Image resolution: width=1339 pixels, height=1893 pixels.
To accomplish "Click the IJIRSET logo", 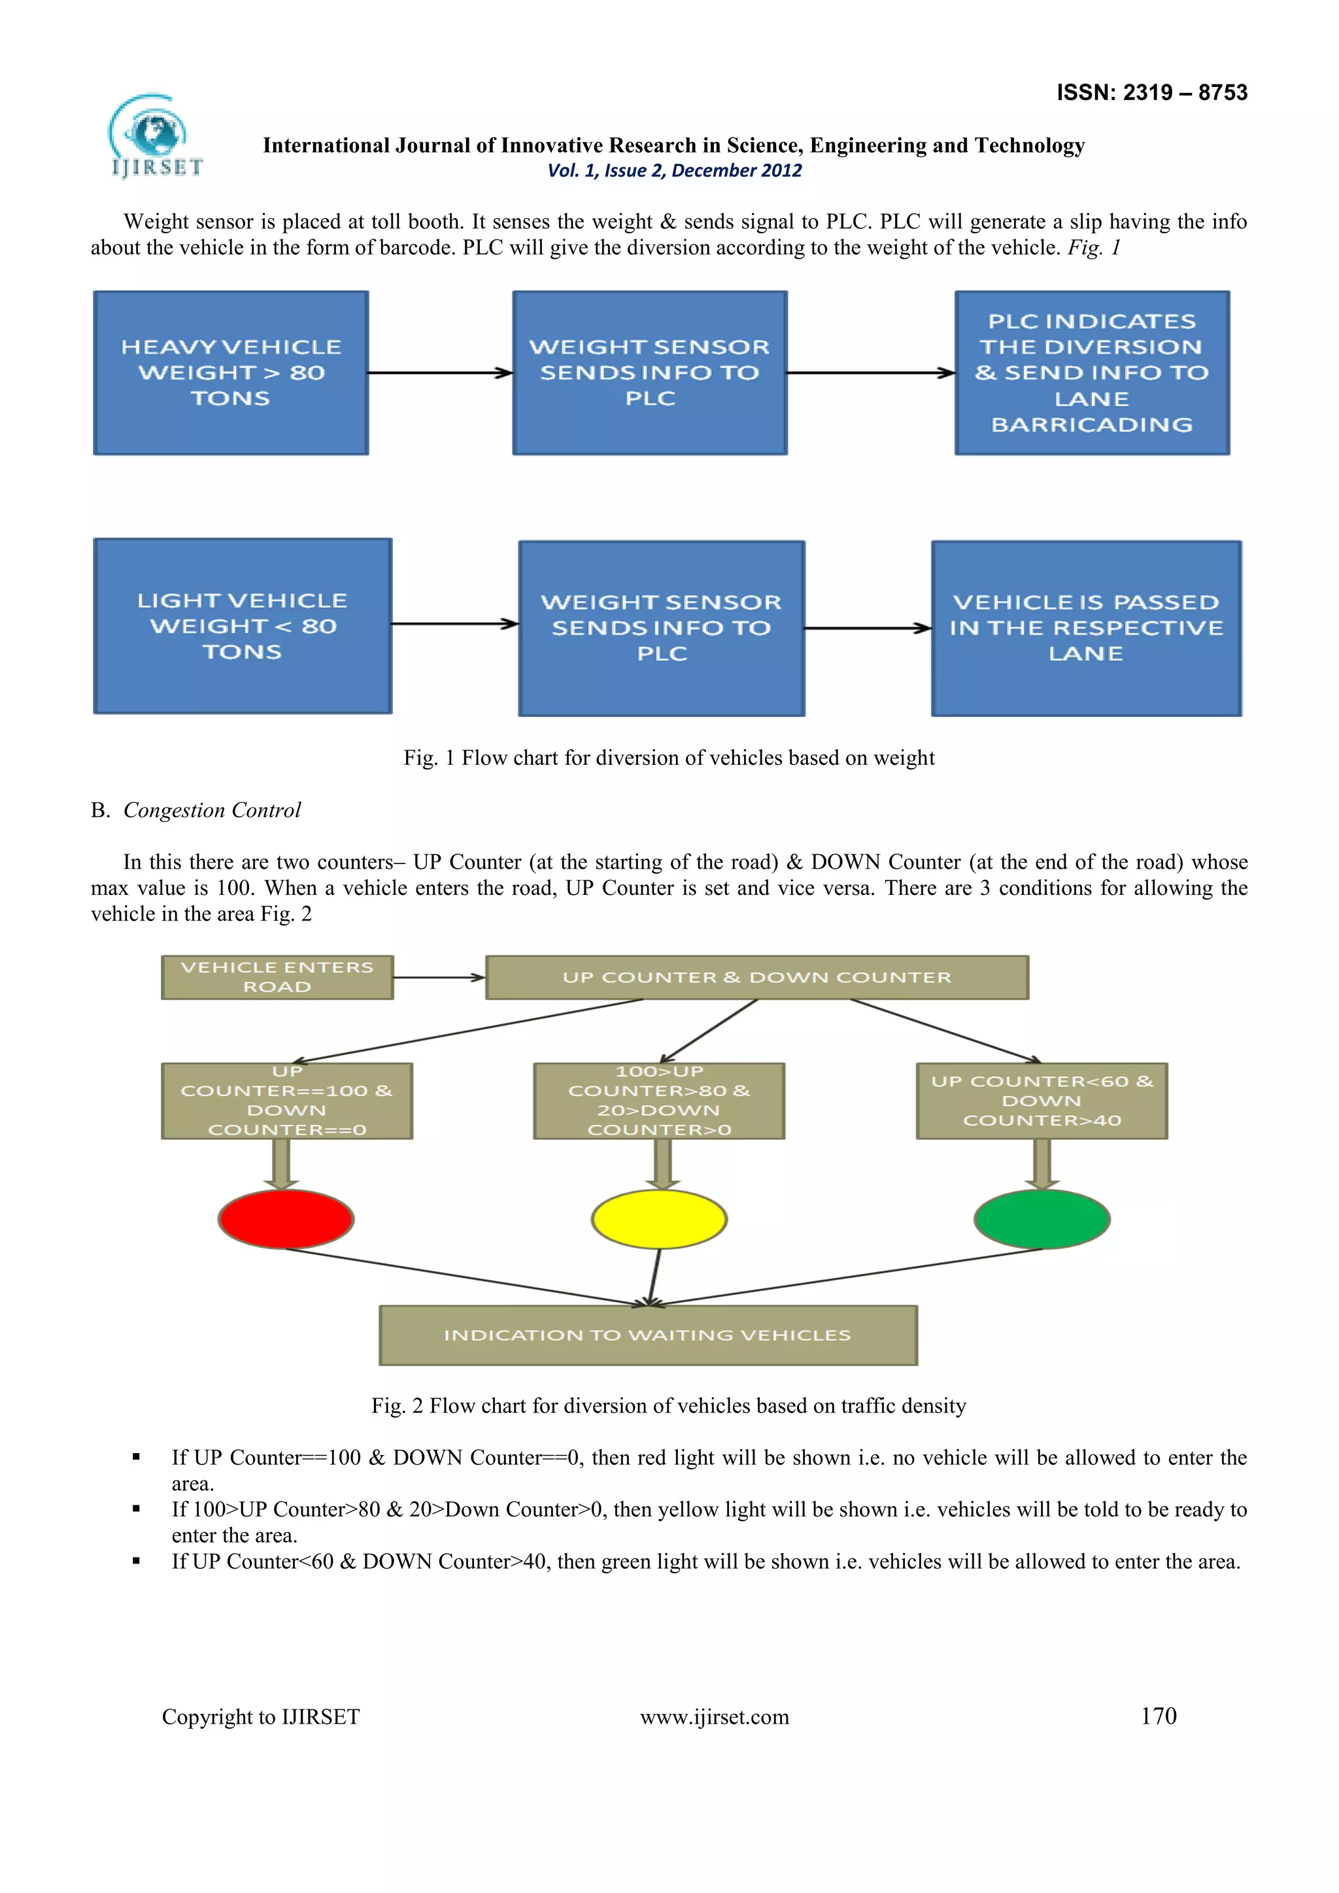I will click(154, 137).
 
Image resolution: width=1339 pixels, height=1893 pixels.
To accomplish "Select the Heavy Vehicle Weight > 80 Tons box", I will click(231, 373).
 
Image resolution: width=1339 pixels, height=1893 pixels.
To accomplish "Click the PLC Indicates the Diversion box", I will click(1092, 373).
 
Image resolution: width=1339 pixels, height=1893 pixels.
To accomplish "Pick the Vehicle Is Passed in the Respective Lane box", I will click(1086, 628).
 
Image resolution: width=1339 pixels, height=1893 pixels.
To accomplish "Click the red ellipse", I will click(286, 1218).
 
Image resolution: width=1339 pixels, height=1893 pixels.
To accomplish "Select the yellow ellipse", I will click(659, 1218).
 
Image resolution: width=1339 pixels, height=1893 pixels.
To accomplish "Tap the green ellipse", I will click(1042, 1218).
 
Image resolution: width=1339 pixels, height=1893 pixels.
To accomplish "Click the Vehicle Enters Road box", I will click(277, 977).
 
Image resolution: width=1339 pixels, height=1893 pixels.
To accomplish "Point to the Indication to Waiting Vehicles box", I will click(647, 1335).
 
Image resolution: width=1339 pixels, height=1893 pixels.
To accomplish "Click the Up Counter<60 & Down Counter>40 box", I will click(1042, 1101).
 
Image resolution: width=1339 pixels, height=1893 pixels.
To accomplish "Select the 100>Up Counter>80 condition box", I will click(659, 1101).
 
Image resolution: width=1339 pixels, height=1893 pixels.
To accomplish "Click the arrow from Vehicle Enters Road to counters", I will click(439, 978).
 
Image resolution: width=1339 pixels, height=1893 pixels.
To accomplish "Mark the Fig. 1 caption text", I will click(669, 758).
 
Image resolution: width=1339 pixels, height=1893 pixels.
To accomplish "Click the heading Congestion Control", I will click(212, 810).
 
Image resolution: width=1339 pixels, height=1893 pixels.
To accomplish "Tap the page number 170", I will click(1158, 1716).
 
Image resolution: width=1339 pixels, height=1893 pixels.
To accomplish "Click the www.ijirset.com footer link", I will click(714, 1717).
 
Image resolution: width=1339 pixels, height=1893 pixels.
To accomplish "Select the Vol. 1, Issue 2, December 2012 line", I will click(675, 171).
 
